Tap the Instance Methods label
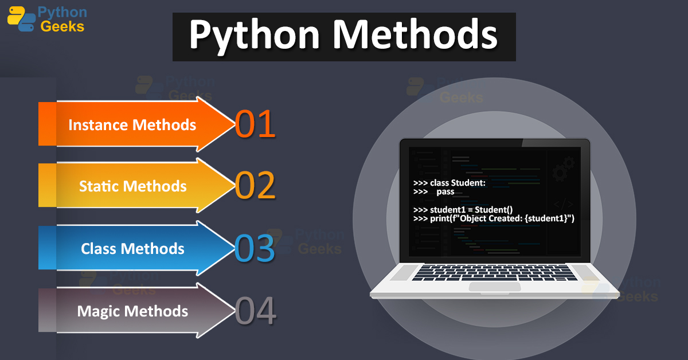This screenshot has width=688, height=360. pyautogui.click(x=132, y=124)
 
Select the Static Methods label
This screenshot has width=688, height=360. pyautogui.click(x=133, y=186)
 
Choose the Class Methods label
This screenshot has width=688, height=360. pyautogui.click(x=133, y=249)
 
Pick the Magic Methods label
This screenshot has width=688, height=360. pyautogui.click(x=133, y=311)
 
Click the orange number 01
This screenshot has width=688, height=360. pyautogui.click(x=255, y=124)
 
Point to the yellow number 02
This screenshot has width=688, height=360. pyautogui.click(x=255, y=187)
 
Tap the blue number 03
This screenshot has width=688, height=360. pyautogui.click(x=255, y=249)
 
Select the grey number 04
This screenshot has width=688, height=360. pyautogui.click(x=256, y=311)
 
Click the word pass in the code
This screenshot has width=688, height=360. pyautogui.click(x=445, y=191)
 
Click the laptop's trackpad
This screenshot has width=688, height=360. pyautogui.click(x=494, y=286)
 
